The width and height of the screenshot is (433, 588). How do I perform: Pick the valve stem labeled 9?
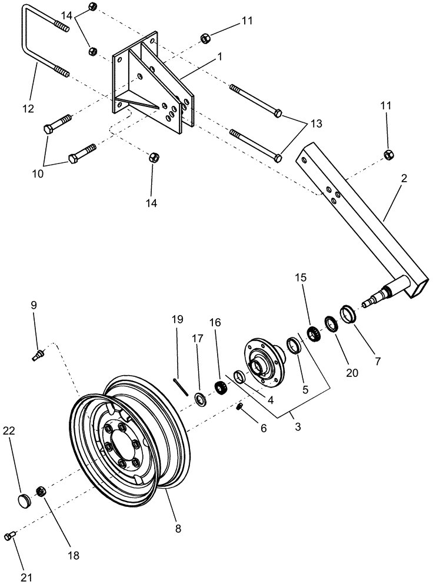point(37,355)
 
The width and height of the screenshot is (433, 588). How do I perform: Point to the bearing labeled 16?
point(221,388)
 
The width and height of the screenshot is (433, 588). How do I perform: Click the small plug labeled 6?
point(240,407)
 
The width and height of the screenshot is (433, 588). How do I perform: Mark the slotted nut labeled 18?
point(41,490)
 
